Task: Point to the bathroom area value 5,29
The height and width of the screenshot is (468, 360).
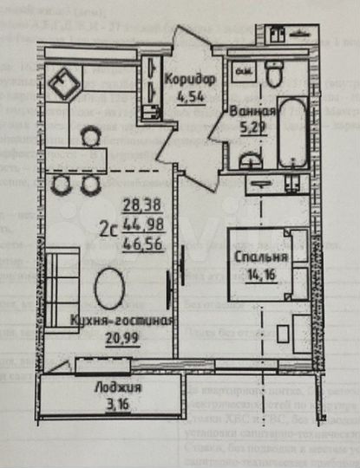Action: (252, 132)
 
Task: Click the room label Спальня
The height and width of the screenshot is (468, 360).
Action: (259, 257)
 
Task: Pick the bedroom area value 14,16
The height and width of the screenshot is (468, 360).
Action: (259, 276)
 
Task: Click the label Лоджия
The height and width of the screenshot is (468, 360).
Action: (118, 387)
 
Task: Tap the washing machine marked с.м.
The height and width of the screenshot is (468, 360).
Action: (244, 72)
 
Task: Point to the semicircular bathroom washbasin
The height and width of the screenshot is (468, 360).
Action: (252, 162)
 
